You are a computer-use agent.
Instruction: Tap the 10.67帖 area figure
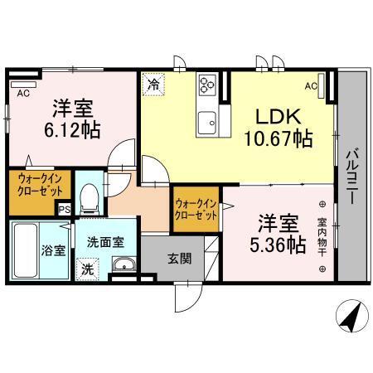tap(278, 138)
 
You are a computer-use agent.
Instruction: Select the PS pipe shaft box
tap(64, 210)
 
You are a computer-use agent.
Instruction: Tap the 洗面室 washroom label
tap(106, 242)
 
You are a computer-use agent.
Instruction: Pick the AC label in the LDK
tap(311, 86)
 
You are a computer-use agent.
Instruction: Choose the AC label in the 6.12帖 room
tap(23, 94)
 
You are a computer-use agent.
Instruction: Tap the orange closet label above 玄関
tap(196, 208)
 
